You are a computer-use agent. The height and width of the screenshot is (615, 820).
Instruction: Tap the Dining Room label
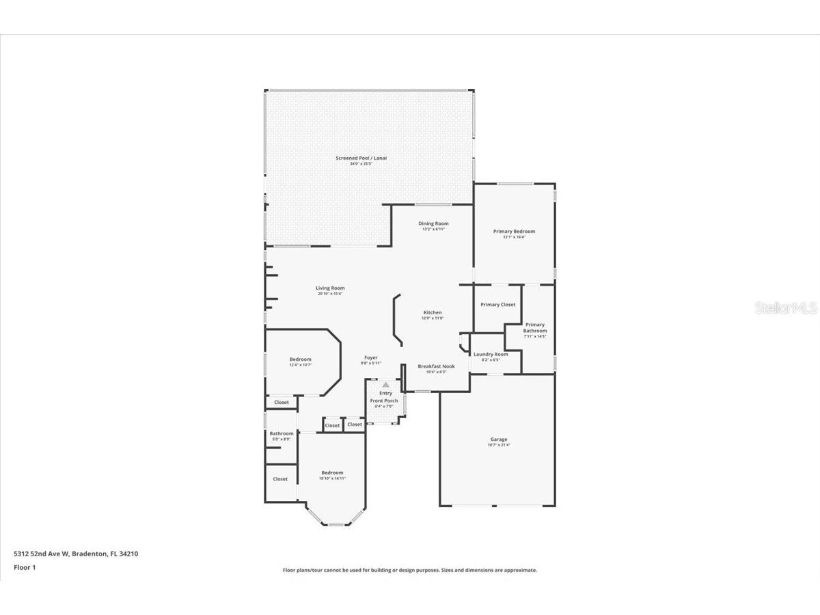click(x=433, y=223)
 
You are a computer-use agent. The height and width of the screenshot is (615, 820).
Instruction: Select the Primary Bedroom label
click(x=514, y=232)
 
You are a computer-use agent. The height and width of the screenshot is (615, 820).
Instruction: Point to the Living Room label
click(x=330, y=288)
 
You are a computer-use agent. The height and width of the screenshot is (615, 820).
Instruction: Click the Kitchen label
click(x=433, y=312)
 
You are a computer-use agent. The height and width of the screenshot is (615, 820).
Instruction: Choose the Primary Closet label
click(x=497, y=305)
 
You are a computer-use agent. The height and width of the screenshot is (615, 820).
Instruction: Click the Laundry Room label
click(x=491, y=354)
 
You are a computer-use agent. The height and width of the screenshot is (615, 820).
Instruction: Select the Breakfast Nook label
click(x=436, y=366)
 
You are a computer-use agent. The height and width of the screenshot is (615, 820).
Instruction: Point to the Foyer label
click(x=370, y=357)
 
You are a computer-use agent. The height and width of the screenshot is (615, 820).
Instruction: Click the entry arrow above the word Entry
click(x=385, y=385)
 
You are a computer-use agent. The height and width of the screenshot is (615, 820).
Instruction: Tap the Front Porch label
click(x=384, y=400)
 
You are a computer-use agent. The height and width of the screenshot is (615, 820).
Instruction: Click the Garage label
click(x=498, y=439)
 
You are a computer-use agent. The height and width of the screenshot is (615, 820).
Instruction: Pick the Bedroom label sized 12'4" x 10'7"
click(x=300, y=359)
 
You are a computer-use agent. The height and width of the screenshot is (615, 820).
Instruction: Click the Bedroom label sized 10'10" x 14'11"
click(x=332, y=473)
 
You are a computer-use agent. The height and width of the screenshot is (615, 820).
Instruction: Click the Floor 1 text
click(x=24, y=567)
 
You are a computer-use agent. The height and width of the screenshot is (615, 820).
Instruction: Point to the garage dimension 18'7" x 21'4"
click(x=498, y=445)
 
